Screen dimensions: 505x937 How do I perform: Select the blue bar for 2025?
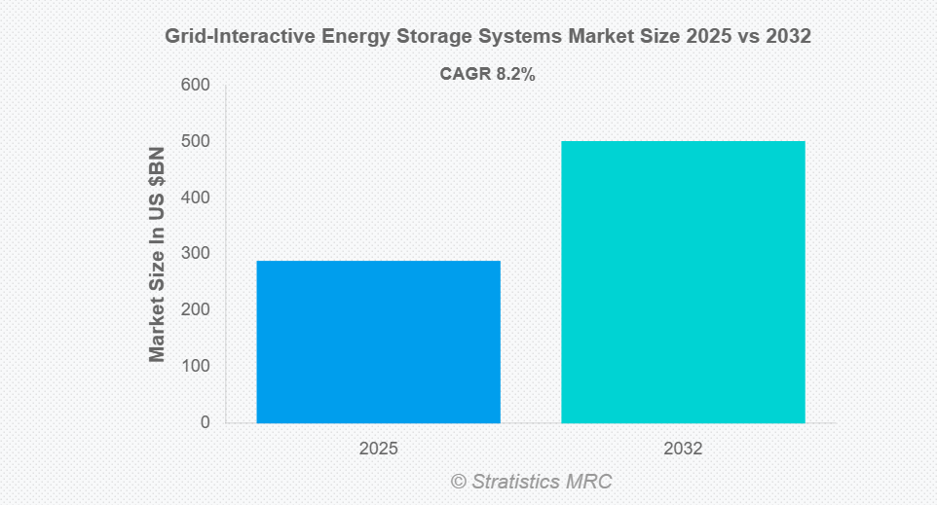[378, 342]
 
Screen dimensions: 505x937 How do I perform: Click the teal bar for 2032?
[683, 282]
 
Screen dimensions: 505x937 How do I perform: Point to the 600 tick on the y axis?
[195, 86]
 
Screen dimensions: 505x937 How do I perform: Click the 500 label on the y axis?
[195, 142]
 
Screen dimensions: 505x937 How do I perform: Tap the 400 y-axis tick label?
[195, 198]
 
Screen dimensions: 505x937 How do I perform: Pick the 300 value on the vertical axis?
[195, 254]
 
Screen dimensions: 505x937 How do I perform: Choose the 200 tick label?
[195, 310]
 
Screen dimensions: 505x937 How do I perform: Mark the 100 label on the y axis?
[195, 366]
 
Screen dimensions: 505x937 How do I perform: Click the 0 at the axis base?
[205, 422]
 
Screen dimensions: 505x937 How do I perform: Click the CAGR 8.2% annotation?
[488, 74]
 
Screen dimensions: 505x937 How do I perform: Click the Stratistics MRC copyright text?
[531, 482]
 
